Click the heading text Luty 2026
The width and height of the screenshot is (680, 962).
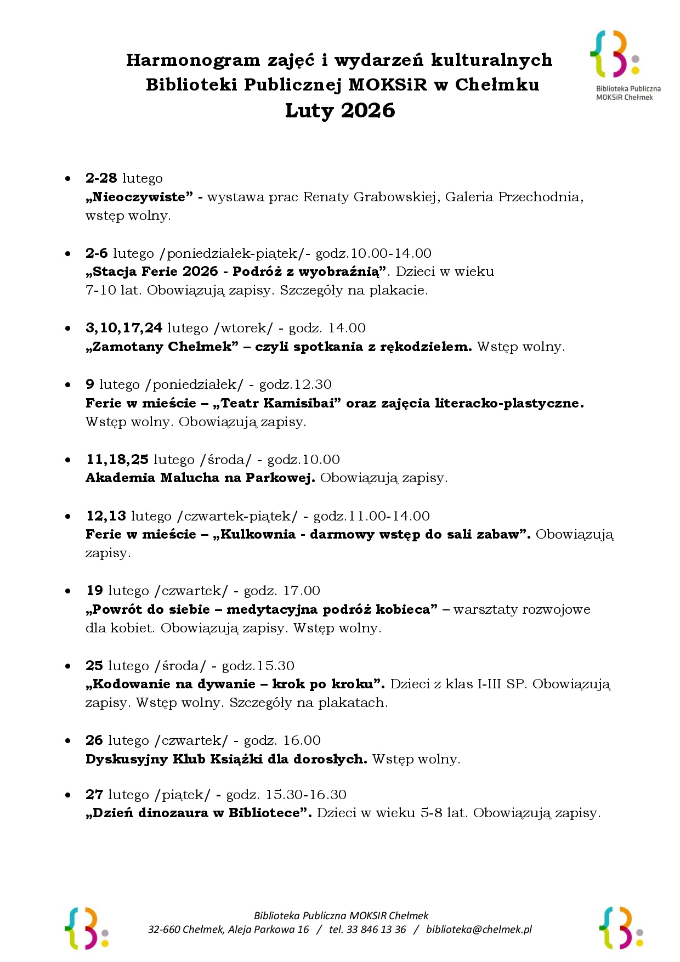click(x=340, y=111)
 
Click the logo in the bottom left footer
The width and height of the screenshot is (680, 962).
click(x=86, y=928)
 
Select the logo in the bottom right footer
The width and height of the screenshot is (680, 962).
click(x=621, y=928)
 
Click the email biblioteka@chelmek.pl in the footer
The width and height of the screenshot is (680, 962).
click(x=479, y=929)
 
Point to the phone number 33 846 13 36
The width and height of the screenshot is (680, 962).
click(x=376, y=929)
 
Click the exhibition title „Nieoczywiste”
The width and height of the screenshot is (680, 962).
click(x=139, y=197)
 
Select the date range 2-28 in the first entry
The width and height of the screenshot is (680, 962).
click(x=101, y=178)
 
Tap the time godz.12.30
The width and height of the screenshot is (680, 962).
click(x=296, y=384)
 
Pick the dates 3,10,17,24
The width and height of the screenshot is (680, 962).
click(x=124, y=328)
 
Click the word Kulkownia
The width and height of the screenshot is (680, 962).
click(x=258, y=534)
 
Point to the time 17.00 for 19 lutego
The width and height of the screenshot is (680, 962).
click(x=301, y=591)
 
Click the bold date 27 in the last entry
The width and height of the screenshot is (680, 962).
click(x=94, y=795)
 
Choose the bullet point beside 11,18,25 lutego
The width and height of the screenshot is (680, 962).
click(x=68, y=460)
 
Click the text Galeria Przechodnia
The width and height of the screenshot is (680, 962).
click(x=514, y=197)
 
